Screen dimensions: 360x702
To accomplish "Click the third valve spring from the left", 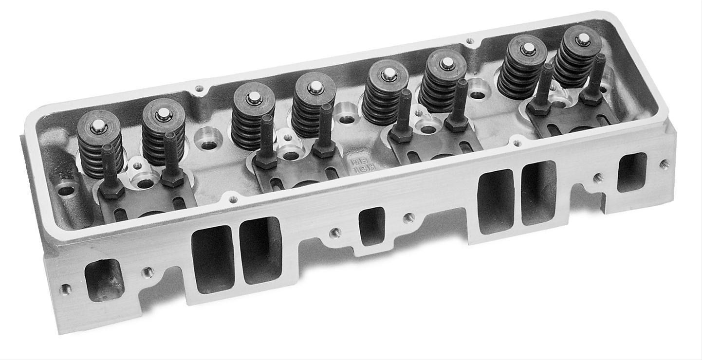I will pos(253,117).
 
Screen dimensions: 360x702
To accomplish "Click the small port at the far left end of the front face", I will pos(104,279).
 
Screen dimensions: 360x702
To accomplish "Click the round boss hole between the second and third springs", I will pos(208,139).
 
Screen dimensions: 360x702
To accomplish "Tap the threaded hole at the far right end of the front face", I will pos(664,164).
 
